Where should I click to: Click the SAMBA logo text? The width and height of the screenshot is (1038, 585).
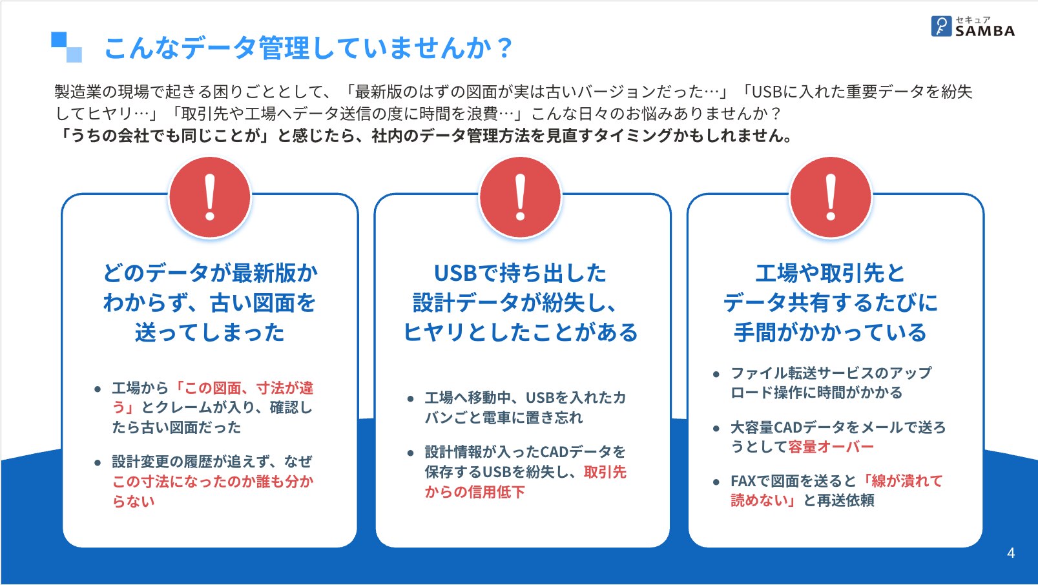[x=984, y=31]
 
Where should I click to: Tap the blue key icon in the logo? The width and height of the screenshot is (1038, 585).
[x=941, y=26]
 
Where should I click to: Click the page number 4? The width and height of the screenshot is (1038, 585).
[x=1011, y=553]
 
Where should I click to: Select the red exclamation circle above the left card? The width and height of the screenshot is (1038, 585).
[x=210, y=198]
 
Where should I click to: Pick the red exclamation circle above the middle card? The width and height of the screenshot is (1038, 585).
[x=520, y=198]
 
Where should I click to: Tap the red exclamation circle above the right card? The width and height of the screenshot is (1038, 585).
[x=831, y=198]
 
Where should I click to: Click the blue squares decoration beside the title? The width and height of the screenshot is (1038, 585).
[x=67, y=46]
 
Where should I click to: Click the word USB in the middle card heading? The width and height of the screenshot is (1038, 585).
[x=455, y=273]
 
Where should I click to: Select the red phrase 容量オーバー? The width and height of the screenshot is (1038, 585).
[x=831, y=447]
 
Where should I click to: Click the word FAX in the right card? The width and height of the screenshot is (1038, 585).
[x=743, y=481]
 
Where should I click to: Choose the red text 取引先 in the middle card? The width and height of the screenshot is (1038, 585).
[x=605, y=472]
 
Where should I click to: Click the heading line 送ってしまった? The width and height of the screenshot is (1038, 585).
[x=209, y=333]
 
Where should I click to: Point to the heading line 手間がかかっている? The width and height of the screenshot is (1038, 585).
[x=831, y=333]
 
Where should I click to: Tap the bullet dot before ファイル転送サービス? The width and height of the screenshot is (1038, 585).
[x=716, y=374]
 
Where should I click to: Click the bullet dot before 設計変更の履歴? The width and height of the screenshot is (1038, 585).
[x=98, y=462]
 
